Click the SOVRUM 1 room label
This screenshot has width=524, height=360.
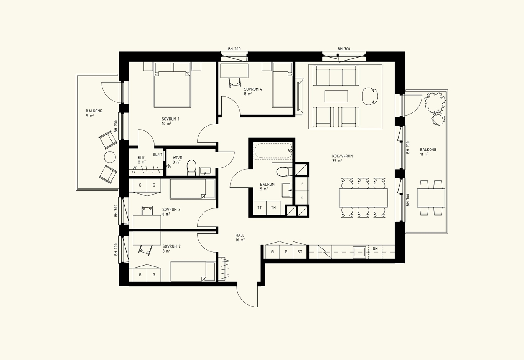(x=171, y=119)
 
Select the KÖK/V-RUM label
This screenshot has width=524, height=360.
(x=343, y=156)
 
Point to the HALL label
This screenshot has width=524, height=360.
(x=240, y=236)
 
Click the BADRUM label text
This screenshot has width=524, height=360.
(x=267, y=185)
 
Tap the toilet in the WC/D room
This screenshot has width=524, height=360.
(x=191, y=167)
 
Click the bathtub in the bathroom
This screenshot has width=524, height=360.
(x=273, y=151)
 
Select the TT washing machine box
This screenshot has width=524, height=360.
(x=260, y=208)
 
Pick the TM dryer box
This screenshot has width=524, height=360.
(x=274, y=208)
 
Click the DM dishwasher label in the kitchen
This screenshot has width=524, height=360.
(x=375, y=249)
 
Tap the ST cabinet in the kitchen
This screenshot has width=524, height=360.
(x=300, y=252)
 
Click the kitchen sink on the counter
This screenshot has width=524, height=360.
(x=359, y=252)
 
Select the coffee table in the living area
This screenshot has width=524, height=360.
(x=336, y=96)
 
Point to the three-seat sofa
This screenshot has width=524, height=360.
(x=336, y=76)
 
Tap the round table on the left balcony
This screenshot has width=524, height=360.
(x=110, y=157)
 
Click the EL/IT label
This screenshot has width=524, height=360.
(x=158, y=155)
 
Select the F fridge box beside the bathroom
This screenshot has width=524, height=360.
(x=302, y=184)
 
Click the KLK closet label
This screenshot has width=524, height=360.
(x=141, y=158)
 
